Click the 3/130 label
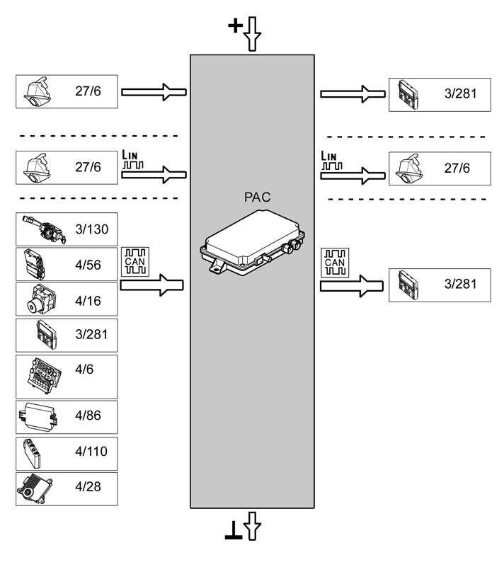pos(91,229)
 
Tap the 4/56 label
pos(88,265)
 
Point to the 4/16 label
pos(88,301)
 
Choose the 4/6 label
pos(84,369)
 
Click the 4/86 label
pos(88,416)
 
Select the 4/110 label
pos(91,450)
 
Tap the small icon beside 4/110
pos(31,451)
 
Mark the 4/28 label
pos(88,487)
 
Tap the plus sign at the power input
pos(234,26)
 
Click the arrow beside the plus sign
pos(252,35)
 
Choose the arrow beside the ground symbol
pos(253,527)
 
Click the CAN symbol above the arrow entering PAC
pos(134,262)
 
